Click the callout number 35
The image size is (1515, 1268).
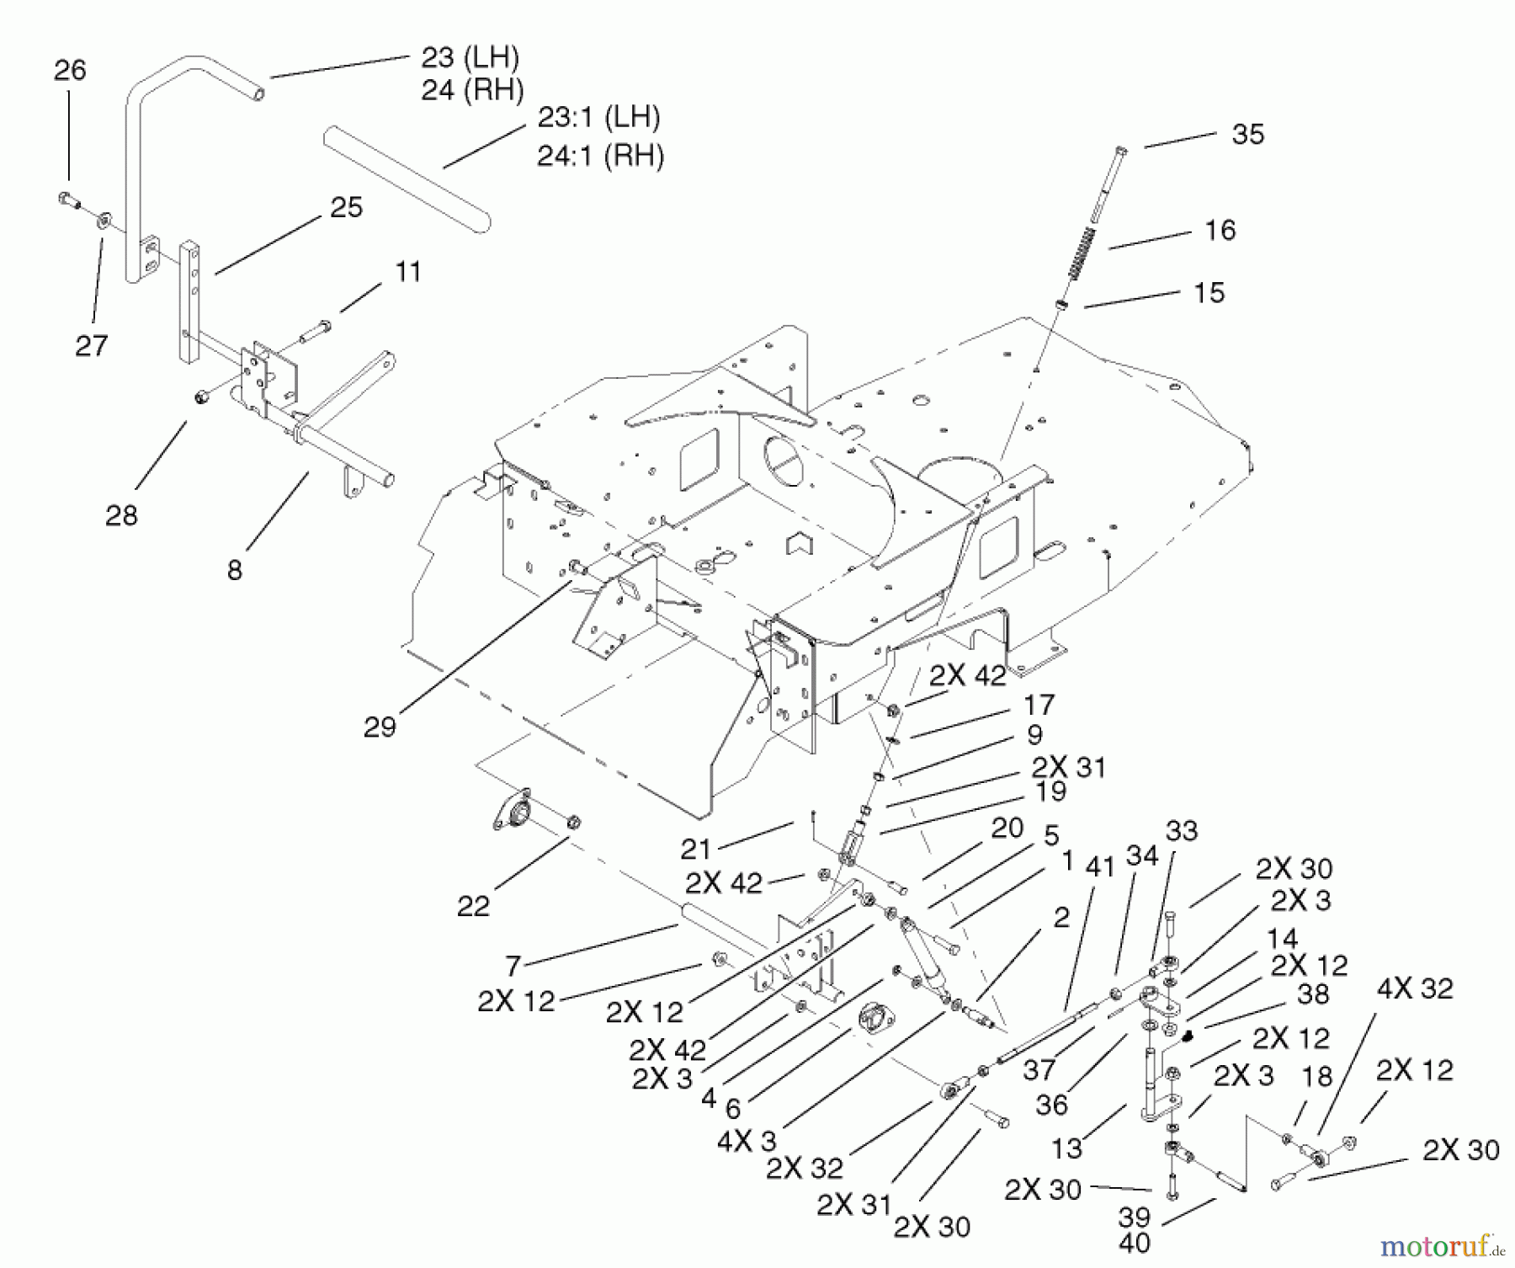click(x=1247, y=135)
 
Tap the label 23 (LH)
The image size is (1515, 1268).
click(x=470, y=57)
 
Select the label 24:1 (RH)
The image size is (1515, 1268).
click(x=600, y=156)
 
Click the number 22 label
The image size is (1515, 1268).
click(x=473, y=906)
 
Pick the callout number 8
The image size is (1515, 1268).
click(x=235, y=570)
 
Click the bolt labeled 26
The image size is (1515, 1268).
click(x=67, y=199)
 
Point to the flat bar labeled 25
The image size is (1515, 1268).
click(x=189, y=303)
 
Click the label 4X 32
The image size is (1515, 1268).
click(x=1415, y=988)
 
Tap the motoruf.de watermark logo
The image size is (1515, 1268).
click(x=1441, y=1244)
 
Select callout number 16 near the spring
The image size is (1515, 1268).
click(x=1220, y=230)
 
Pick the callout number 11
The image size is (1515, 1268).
click(x=407, y=272)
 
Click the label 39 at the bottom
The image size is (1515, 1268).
click(x=1134, y=1217)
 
